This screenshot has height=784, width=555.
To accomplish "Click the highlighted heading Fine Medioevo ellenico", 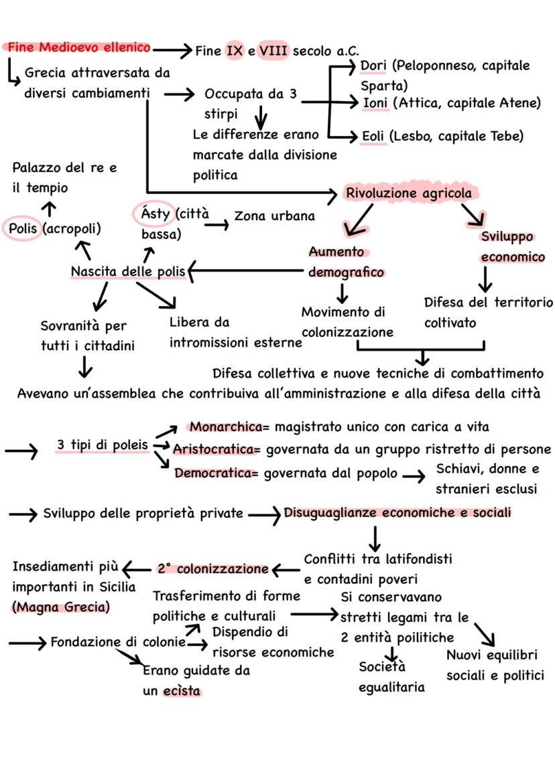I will tap(78, 48).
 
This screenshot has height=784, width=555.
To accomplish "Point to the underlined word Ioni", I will tap(374, 103).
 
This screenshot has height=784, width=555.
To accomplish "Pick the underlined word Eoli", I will tap(373, 136).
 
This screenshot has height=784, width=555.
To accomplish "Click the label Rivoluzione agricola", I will tap(409, 193).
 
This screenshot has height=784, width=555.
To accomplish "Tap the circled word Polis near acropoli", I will tap(22, 228).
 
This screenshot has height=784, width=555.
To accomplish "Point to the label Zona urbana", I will tap(274, 216).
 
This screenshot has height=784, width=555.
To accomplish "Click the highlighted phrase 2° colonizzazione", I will tap(212, 569).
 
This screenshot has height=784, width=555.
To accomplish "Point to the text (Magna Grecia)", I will tap(61, 607).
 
